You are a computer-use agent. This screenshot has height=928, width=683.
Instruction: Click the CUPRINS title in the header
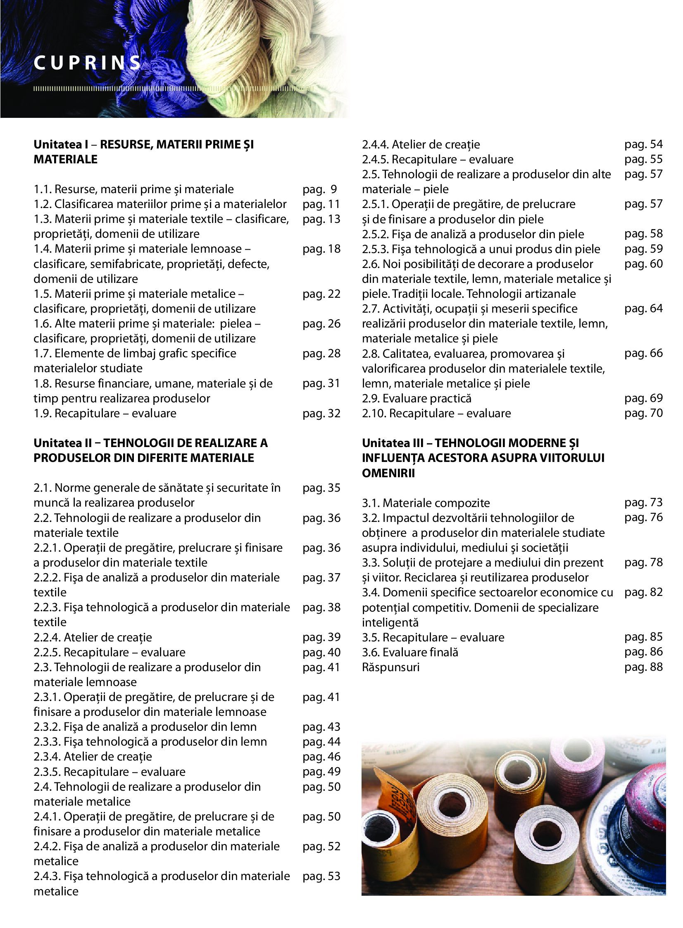click(x=87, y=63)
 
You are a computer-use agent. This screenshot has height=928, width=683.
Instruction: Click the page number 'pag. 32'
click(x=321, y=413)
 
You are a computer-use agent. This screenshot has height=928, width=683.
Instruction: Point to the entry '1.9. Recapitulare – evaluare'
click(x=105, y=413)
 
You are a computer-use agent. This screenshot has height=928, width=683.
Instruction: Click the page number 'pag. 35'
click(x=321, y=488)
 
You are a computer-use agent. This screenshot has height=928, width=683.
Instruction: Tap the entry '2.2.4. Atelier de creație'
click(x=93, y=637)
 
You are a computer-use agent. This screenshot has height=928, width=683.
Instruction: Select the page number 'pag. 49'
click(x=321, y=772)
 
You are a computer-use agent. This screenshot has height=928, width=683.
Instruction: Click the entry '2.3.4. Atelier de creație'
click(x=93, y=757)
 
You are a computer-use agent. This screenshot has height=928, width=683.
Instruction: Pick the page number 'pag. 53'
click(x=321, y=876)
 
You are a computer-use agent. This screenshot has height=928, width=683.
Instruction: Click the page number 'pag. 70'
click(x=643, y=413)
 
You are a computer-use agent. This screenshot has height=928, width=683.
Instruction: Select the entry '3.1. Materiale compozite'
click(x=426, y=503)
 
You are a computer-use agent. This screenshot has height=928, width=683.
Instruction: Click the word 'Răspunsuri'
click(x=391, y=667)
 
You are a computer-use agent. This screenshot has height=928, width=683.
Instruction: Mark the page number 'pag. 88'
click(x=643, y=667)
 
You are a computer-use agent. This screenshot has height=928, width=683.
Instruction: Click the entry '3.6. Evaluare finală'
click(x=410, y=653)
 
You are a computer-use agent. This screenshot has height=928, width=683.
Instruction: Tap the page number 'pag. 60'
click(x=643, y=263)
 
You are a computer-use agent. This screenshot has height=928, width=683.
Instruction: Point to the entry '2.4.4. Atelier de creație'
click(x=421, y=144)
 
